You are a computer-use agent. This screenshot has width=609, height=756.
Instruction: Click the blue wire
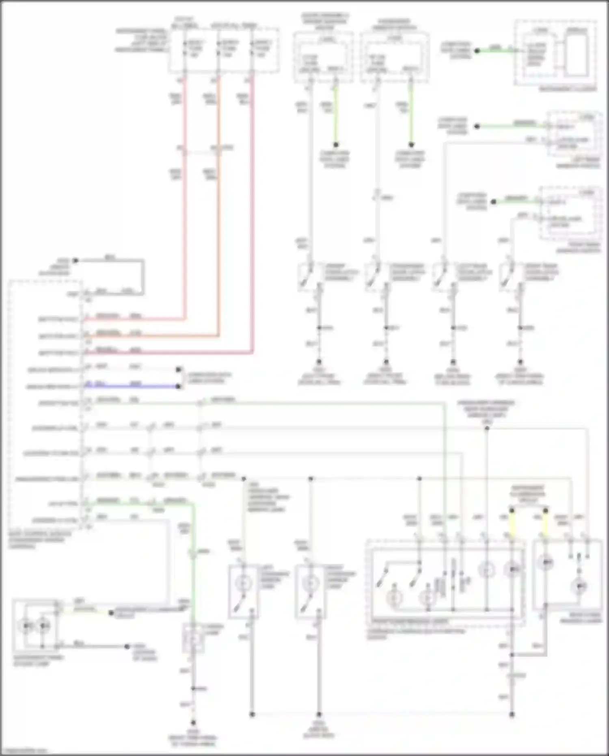tap(130, 386)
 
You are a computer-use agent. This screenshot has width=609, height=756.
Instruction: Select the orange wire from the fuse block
tap(219, 203)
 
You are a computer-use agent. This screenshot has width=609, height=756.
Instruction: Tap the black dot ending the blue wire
tap(178, 386)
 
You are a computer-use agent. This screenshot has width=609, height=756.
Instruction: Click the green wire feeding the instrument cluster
tap(495, 50)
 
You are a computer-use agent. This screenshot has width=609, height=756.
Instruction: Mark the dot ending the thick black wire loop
tap(75, 260)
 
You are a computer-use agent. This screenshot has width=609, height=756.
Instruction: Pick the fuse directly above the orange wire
tap(219, 49)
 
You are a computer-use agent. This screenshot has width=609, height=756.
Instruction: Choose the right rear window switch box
tap(570, 213)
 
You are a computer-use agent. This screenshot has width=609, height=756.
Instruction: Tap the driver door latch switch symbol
tap(307, 276)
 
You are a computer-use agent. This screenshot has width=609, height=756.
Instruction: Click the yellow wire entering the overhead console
tap(512, 524)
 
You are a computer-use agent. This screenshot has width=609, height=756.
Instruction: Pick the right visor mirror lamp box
tap(311, 591)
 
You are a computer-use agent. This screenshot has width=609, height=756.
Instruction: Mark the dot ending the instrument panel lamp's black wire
tap(127, 646)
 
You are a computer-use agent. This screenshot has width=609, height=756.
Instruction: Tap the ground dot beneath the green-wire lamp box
tap(193, 723)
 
